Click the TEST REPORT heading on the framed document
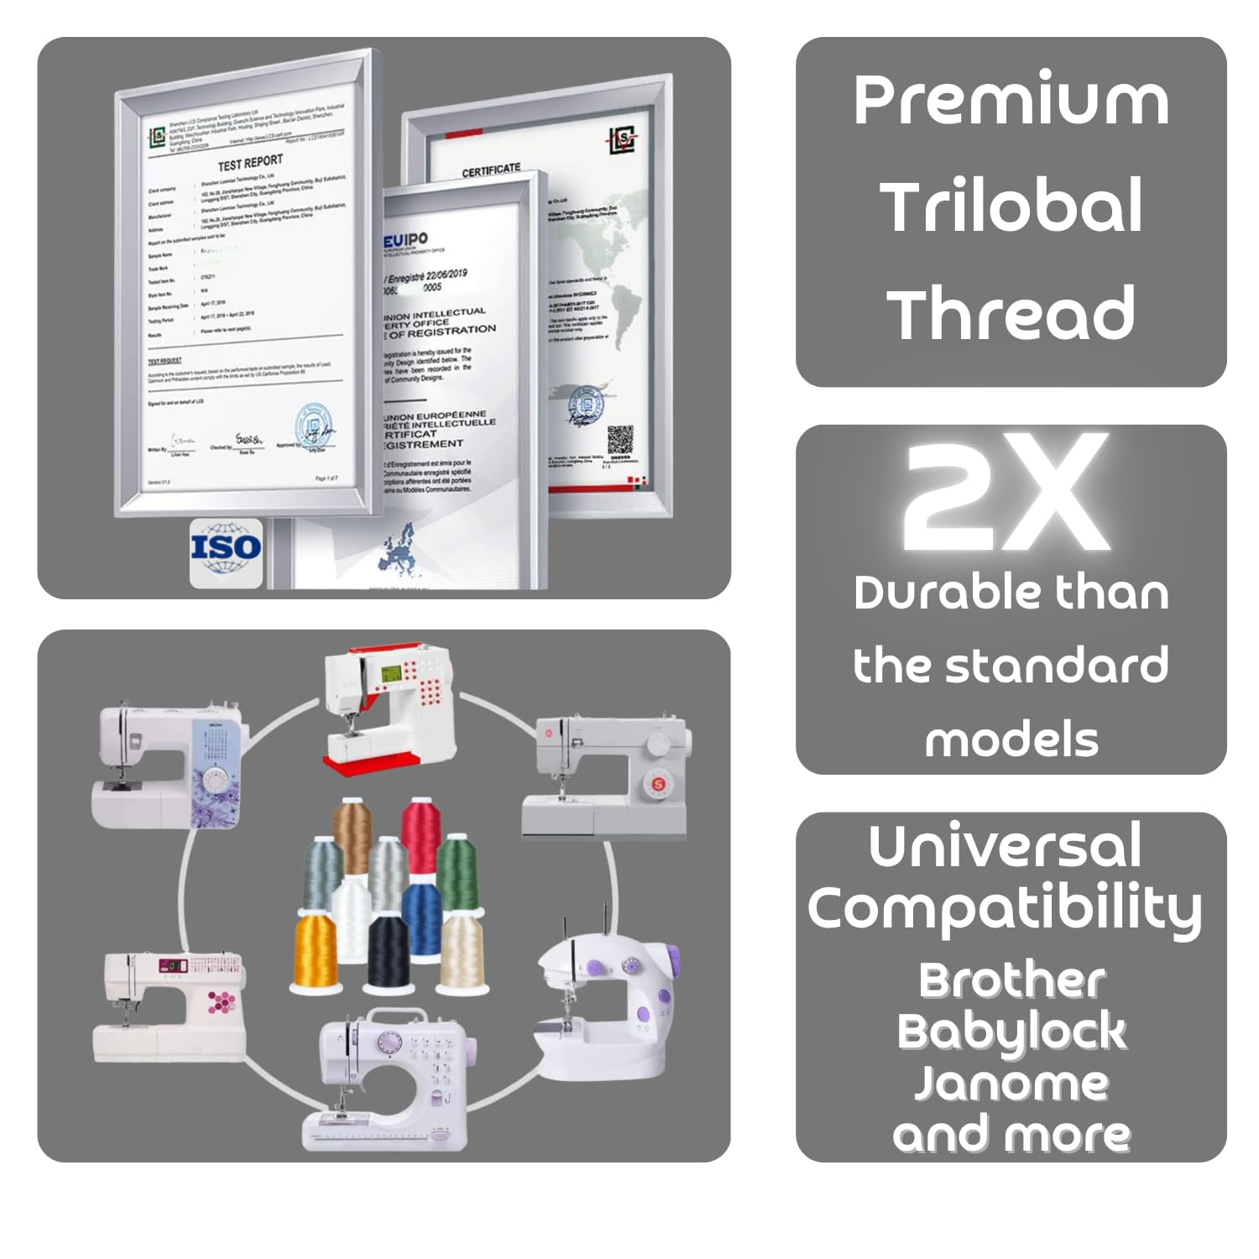point(250,162)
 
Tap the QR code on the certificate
point(620,440)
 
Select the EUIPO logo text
point(405,242)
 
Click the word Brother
point(1011,980)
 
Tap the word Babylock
point(1011,1032)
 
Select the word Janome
point(1011,1083)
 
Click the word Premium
point(1011,101)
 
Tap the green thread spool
point(457,873)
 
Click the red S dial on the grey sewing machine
point(658,784)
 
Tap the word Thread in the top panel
point(1011,314)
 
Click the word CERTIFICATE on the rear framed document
point(491,170)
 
